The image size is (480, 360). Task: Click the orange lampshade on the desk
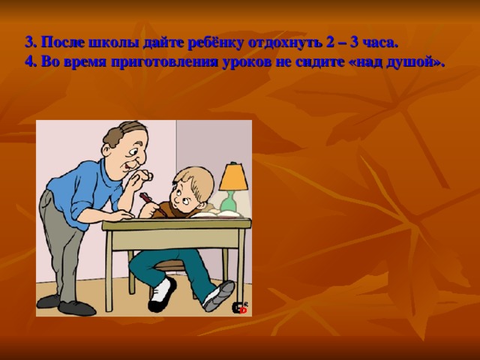click(x=234, y=177)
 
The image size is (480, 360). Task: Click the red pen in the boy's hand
click(x=146, y=198)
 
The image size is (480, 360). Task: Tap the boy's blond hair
click(x=191, y=178)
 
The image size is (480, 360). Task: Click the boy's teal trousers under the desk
click(x=180, y=262)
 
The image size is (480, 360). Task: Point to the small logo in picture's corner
click(x=240, y=307)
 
